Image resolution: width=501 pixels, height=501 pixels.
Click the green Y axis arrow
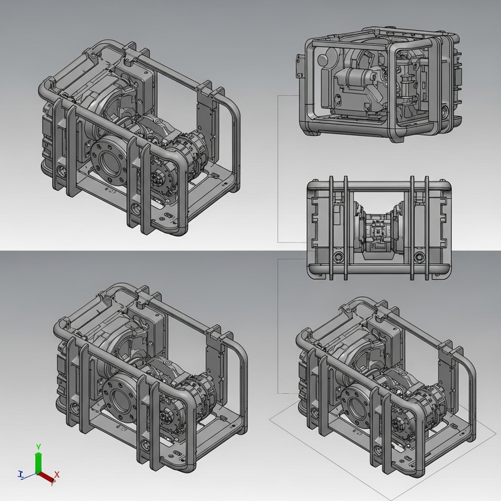(x=38, y=462)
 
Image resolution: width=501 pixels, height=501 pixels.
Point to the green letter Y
(x=38, y=446)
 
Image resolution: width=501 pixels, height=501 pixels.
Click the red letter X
(x=57, y=475)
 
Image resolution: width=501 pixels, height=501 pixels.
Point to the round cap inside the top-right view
(x=324, y=61)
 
